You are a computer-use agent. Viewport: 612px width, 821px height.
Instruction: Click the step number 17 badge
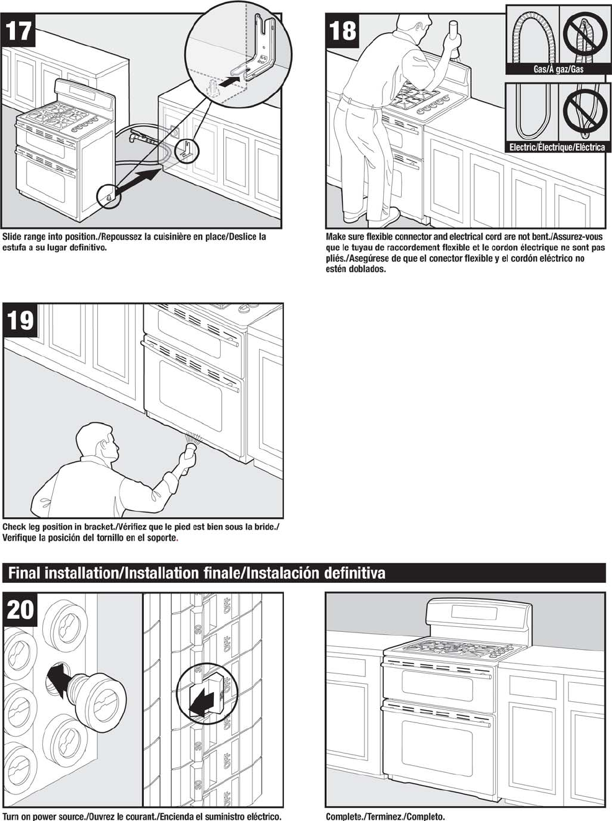19,29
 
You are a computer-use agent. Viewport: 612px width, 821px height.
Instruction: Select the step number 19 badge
19,321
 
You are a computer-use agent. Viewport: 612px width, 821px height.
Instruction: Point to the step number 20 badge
20,609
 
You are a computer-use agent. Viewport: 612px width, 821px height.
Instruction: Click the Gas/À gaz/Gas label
559,69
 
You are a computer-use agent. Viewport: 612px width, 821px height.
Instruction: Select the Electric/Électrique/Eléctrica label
557,147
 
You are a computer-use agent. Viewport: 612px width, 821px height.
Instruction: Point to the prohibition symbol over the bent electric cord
583,112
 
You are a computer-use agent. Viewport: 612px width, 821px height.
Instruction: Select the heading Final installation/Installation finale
196,572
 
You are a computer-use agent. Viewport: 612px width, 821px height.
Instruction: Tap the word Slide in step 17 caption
14,236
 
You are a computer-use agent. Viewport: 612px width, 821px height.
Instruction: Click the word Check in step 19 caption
16,526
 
